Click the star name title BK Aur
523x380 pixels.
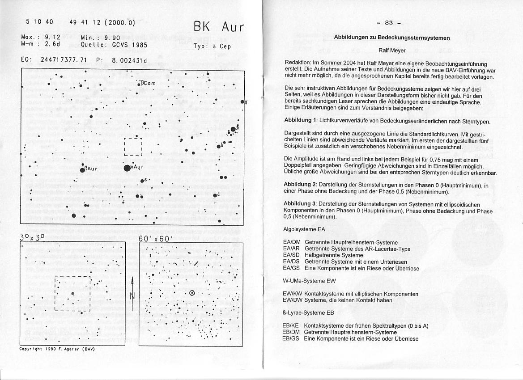(219, 28)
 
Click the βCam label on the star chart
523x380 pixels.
(148, 83)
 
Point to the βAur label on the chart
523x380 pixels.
(91, 169)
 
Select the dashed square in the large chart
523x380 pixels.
(133, 147)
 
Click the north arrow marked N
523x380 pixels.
(132, 291)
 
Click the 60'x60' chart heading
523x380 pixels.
(154, 239)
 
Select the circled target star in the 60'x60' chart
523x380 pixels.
(192, 293)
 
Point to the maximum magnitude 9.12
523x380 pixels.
(53, 38)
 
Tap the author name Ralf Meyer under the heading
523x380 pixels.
(391, 51)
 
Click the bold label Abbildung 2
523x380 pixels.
(302, 185)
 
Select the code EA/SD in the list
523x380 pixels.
(292, 255)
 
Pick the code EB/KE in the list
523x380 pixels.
(291, 326)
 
